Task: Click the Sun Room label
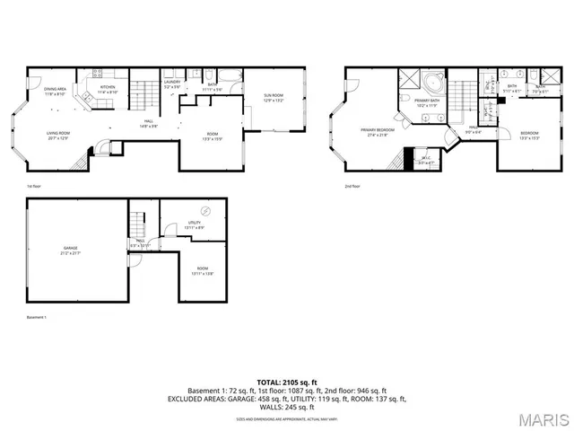[274, 97]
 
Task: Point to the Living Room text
[58, 136]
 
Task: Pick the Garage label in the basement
[70, 250]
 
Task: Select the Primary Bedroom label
[378, 133]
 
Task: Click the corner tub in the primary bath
[435, 83]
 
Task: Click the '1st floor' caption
[34, 186]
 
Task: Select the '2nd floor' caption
[352, 186]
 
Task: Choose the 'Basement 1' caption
[37, 318]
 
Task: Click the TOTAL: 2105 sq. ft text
[287, 383]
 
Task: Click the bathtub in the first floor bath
[230, 77]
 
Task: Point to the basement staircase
[138, 220]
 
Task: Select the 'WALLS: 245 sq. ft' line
[287, 407]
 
